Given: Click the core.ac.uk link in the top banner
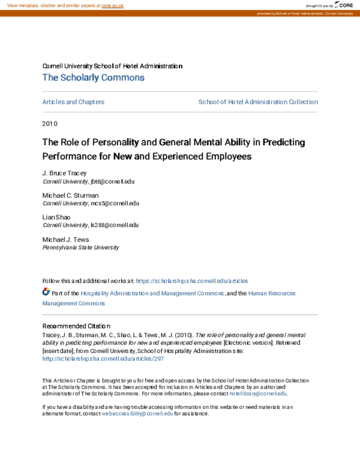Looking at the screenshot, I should pyautogui.click(x=112, y=5).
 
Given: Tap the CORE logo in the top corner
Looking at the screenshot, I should pyautogui.click(x=344, y=5).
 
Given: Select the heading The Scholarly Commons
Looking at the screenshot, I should pyautogui.click(x=93, y=77).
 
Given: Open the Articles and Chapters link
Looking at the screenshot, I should pyautogui.click(x=73, y=102).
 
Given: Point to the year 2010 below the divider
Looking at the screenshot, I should pyautogui.click(x=49, y=123).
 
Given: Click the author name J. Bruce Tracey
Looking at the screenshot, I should pyautogui.click(x=64, y=173).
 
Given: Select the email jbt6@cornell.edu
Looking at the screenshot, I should pyautogui.click(x=112, y=180).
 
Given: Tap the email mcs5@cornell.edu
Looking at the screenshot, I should pyautogui.click(x=113, y=203).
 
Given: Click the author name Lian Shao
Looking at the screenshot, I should pyautogui.click(x=56, y=217).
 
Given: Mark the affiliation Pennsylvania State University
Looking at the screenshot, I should pyautogui.click(x=80, y=247).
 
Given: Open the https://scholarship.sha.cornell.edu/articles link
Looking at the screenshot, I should pyautogui.click(x=192, y=280).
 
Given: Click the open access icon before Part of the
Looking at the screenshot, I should pyautogui.click(x=46, y=292).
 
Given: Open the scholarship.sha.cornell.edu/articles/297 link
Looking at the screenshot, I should pyautogui.click(x=103, y=359).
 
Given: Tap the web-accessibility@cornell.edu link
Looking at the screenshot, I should pyautogui.click(x=137, y=414).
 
